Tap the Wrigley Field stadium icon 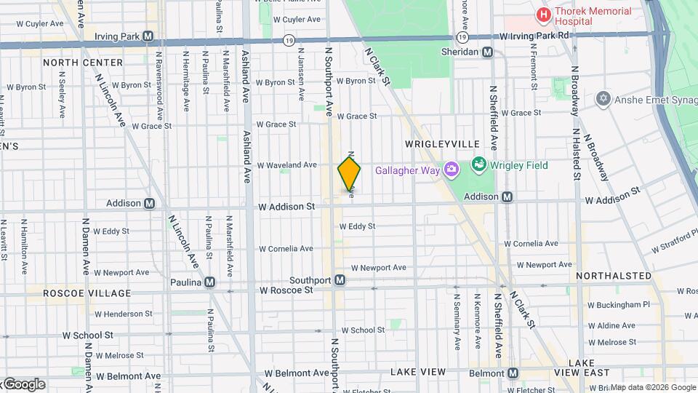[x=478, y=165]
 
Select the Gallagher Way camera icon [x=452, y=170]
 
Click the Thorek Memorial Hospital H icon [x=542, y=15]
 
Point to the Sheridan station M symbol [x=487, y=52]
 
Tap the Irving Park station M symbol [x=148, y=36]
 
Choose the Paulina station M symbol [x=209, y=282]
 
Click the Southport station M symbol [x=340, y=280]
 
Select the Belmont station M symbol [x=513, y=373]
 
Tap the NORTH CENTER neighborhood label [x=83, y=63]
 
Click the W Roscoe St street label [x=286, y=289]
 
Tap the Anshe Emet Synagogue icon [x=602, y=98]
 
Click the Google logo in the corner [x=24, y=384]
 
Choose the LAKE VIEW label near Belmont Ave [x=418, y=372]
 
